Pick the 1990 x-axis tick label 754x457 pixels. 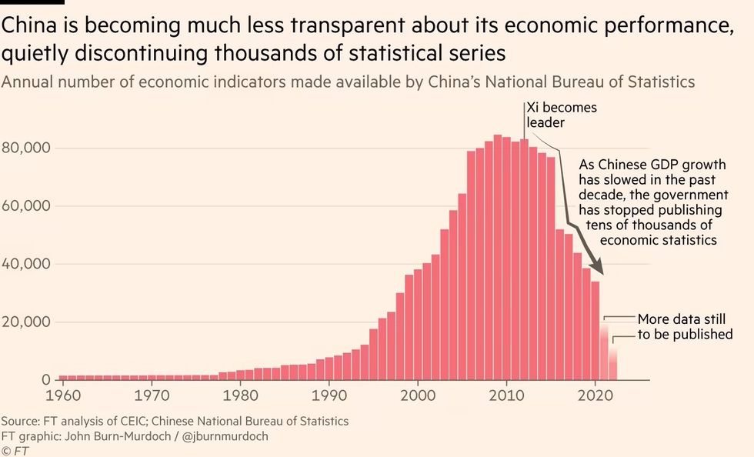coord(329,395)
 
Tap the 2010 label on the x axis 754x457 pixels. coord(506,395)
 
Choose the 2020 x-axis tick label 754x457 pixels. coord(595,395)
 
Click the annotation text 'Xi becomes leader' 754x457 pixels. coord(561,115)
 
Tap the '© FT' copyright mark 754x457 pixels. coord(15,450)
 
